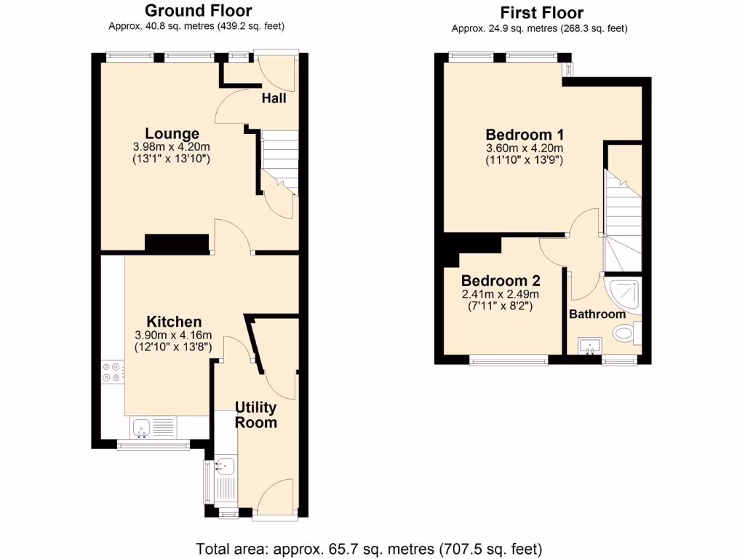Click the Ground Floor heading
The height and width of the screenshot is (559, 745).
pyautogui.click(x=199, y=11)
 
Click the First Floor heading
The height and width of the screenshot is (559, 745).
pyautogui.click(x=541, y=12)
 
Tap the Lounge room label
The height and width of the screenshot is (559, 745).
pyautogui.click(x=172, y=134)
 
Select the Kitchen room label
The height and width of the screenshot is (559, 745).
pyautogui.click(x=174, y=322)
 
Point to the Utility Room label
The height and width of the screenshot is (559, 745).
pyautogui.click(x=255, y=414)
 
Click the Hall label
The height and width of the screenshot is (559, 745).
pyautogui.click(x=274, y=98)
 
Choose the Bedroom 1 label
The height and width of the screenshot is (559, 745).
pyautogui.click(x=525, y=135)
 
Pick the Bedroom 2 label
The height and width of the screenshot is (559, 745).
pyautogui.click(x=501, y=280)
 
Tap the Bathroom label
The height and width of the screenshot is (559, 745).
pyautogui.click(x=597, y=314)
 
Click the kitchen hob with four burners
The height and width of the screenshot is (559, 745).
pyautogui.click(x=112, y=372)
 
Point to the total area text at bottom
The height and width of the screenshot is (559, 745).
pyautogui.click(x=370, y=548)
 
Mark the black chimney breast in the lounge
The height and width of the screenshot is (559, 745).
pyautogui.click(x=178, y=244)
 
